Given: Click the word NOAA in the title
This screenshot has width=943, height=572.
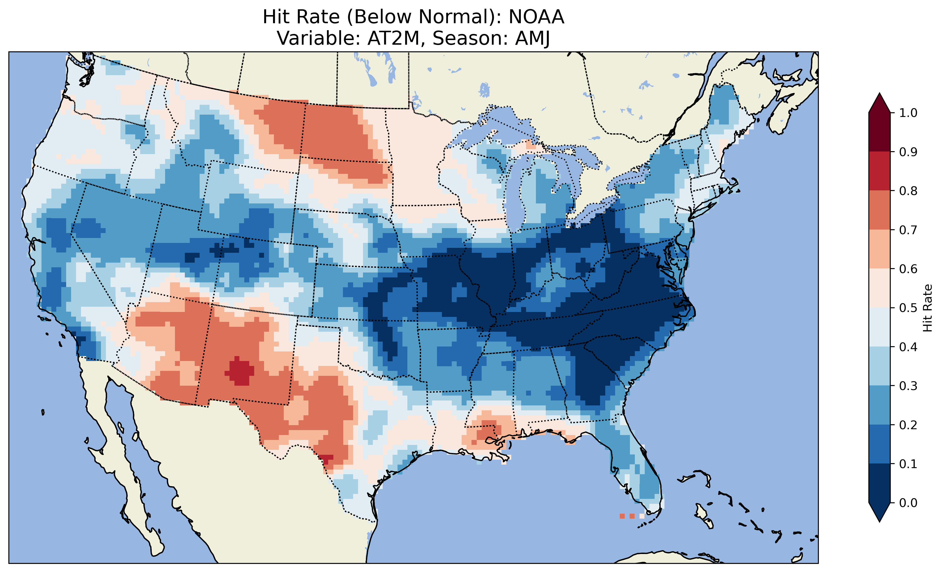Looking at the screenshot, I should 536,17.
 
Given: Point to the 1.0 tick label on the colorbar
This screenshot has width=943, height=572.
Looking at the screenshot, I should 908,113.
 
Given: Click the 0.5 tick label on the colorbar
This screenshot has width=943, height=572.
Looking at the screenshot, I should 908,308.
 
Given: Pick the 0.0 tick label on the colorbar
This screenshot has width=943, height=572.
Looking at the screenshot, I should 908,503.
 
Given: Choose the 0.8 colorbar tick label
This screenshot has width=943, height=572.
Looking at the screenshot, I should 908,191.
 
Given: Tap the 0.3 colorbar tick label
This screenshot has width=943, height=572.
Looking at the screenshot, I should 908,386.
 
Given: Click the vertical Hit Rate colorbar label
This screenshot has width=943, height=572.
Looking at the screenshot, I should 927,308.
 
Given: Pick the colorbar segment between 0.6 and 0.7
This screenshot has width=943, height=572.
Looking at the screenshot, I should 879,249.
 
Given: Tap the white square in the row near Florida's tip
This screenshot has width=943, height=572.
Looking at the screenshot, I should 642,516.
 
